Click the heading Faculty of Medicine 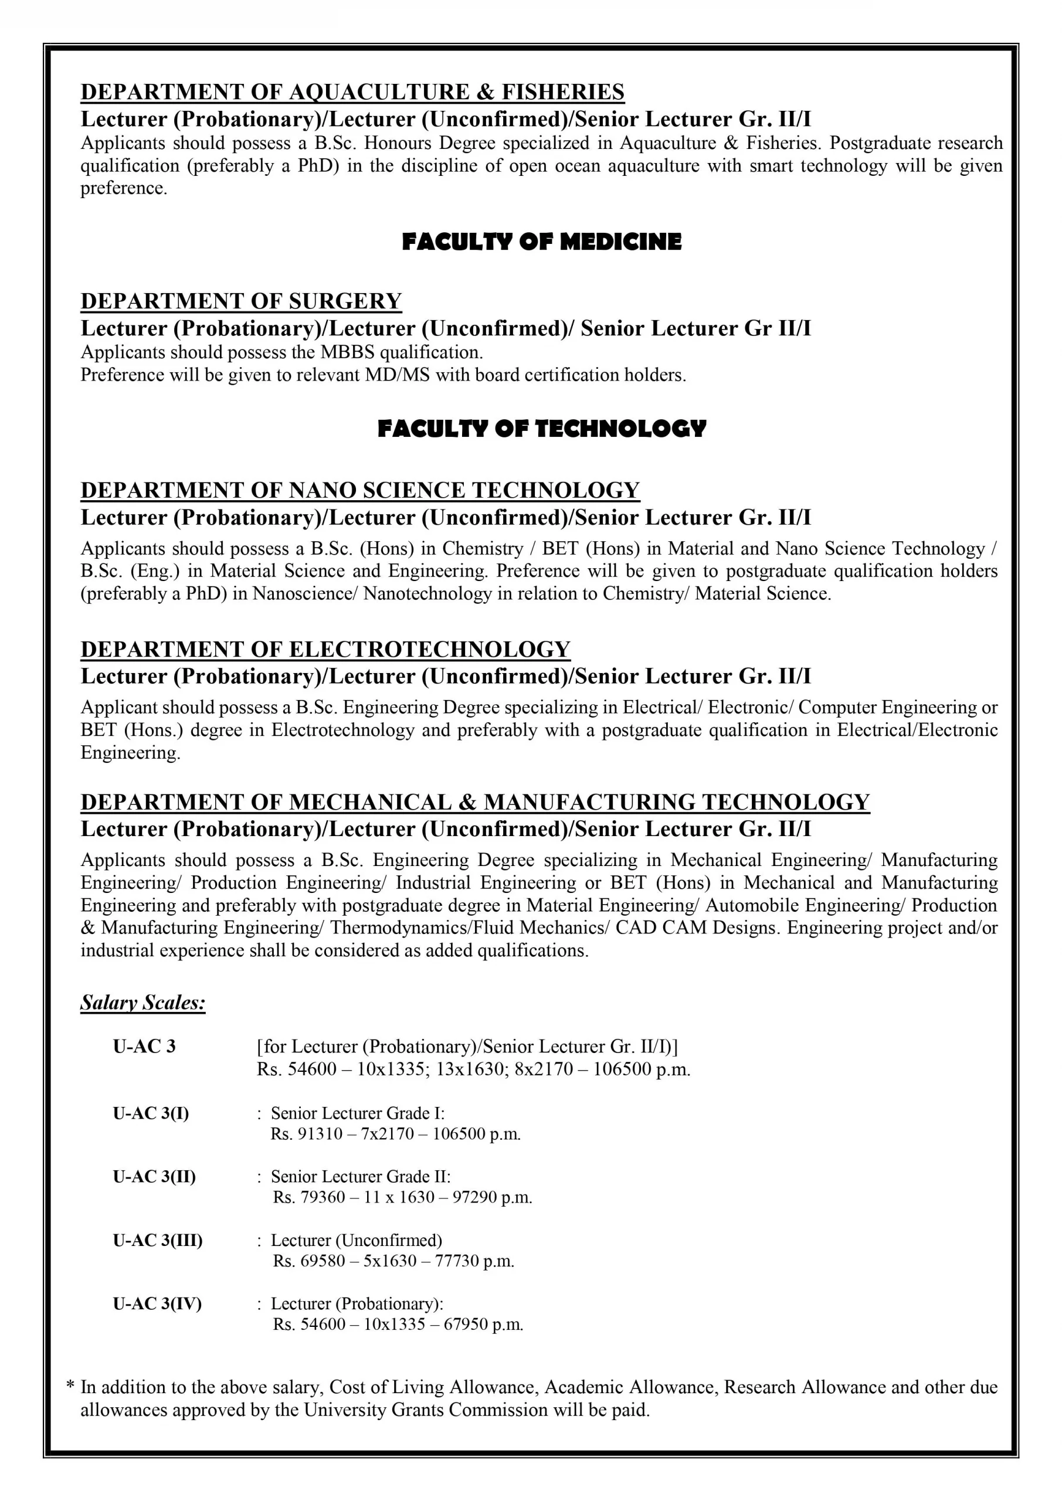pyautogui.click(x=541, y=242)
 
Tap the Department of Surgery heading pyautogui.click(x=240, y=301)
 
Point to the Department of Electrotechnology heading pyautogui.click(x=325, y=649)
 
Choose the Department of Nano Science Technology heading pyautogui.click(x=359, y=490)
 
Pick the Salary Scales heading pyautogui.click(x=142, y=1003)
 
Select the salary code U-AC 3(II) pyautogui.click(x=154, y=1177)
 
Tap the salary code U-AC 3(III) pyautogui.click(x=157, y=1240)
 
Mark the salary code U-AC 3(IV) pyautogui.click(x=157, y=1303)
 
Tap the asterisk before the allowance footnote pyautogui.click(x=70, y=1386)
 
